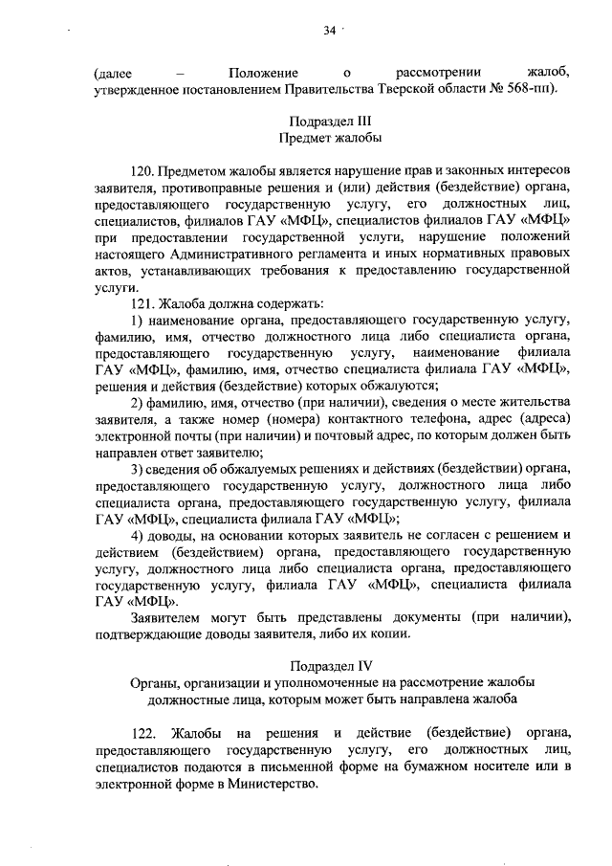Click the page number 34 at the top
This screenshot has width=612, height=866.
point(329,31)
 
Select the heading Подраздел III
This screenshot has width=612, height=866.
point(329,122)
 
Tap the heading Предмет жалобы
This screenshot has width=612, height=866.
point(329,140)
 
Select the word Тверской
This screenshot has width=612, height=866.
point(416,90)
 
